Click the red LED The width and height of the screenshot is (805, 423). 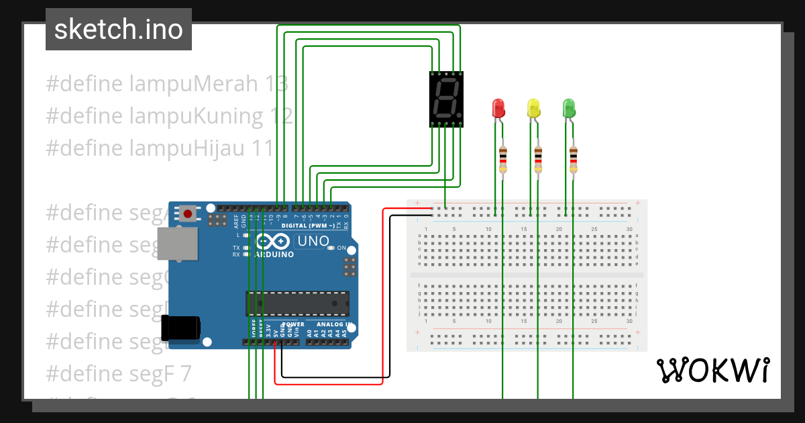pyautogui.click(x=498, y=107)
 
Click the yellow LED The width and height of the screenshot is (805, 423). pyautogui.click(x=533, y=107)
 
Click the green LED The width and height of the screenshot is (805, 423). pyautogui.click(x=569, y=107)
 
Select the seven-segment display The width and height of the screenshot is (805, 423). pyautogui.click(x=446, y=99)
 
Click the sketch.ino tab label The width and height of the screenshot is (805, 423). pyautogui.click(x=119, y=30)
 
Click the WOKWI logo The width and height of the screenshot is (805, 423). pyautogui.click(x=712, y=370)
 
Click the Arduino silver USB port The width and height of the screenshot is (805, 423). pyautogui.click(x=177, y=243)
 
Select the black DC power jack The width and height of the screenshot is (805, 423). pyautogui.click(x=181, y=327)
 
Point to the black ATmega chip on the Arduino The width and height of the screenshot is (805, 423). pyautogui.click(x=297, y=303)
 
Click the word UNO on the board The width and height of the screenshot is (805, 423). pyautogui.click(x=313, y=241)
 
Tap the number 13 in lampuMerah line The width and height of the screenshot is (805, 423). pyautogui.click(x=276, y=84)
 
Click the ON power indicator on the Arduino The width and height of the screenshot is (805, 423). pyautogui.click(x=341, y=248)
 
